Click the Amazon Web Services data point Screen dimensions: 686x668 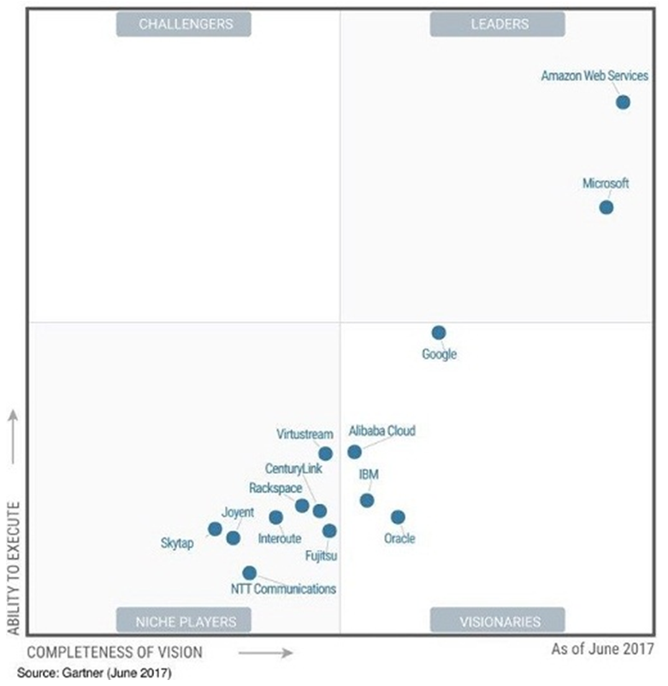[x=623, y=102]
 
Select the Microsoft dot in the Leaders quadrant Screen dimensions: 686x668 [x=606, y=207]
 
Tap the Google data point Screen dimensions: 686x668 [x=439, y=333]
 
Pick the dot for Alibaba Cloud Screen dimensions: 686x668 [x=354, y=452]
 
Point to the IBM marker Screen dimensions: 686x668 [x=367, y=500]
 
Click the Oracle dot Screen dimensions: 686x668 [x=398, y=517]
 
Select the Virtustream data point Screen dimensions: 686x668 [x=326, y=453]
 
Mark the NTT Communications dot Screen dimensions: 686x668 [x=249, y=573]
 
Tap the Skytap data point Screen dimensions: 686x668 [x=215, y=529]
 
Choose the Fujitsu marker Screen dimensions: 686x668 [x=329, y=531]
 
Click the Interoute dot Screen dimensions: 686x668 [x=275, y=517]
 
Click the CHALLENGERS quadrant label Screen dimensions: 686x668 [x=185, y=24]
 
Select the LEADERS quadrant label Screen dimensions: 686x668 [x=499, y=24]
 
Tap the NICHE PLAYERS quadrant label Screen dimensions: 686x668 [x=185, y=620]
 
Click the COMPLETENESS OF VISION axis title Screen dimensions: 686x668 [x=115, y=653]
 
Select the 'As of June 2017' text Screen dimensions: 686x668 [x=602, y=649]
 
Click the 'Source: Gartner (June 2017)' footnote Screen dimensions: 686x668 [x=93, y=673]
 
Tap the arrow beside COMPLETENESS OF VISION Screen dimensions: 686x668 [x=265, y=653]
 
